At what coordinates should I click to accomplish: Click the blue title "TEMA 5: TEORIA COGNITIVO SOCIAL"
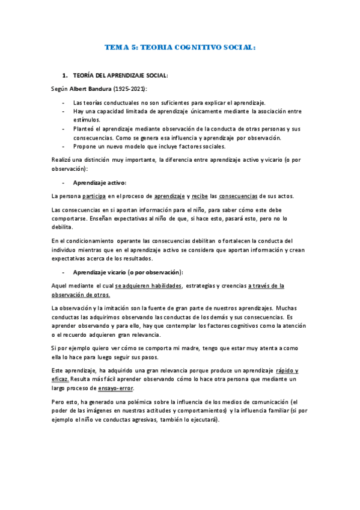click(x=180, y=46)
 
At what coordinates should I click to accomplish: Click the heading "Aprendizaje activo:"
click(x=100, y=182)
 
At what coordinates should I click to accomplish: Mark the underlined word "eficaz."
click(x=60, y=380)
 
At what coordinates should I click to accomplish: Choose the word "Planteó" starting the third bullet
click(x=84, y=128)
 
